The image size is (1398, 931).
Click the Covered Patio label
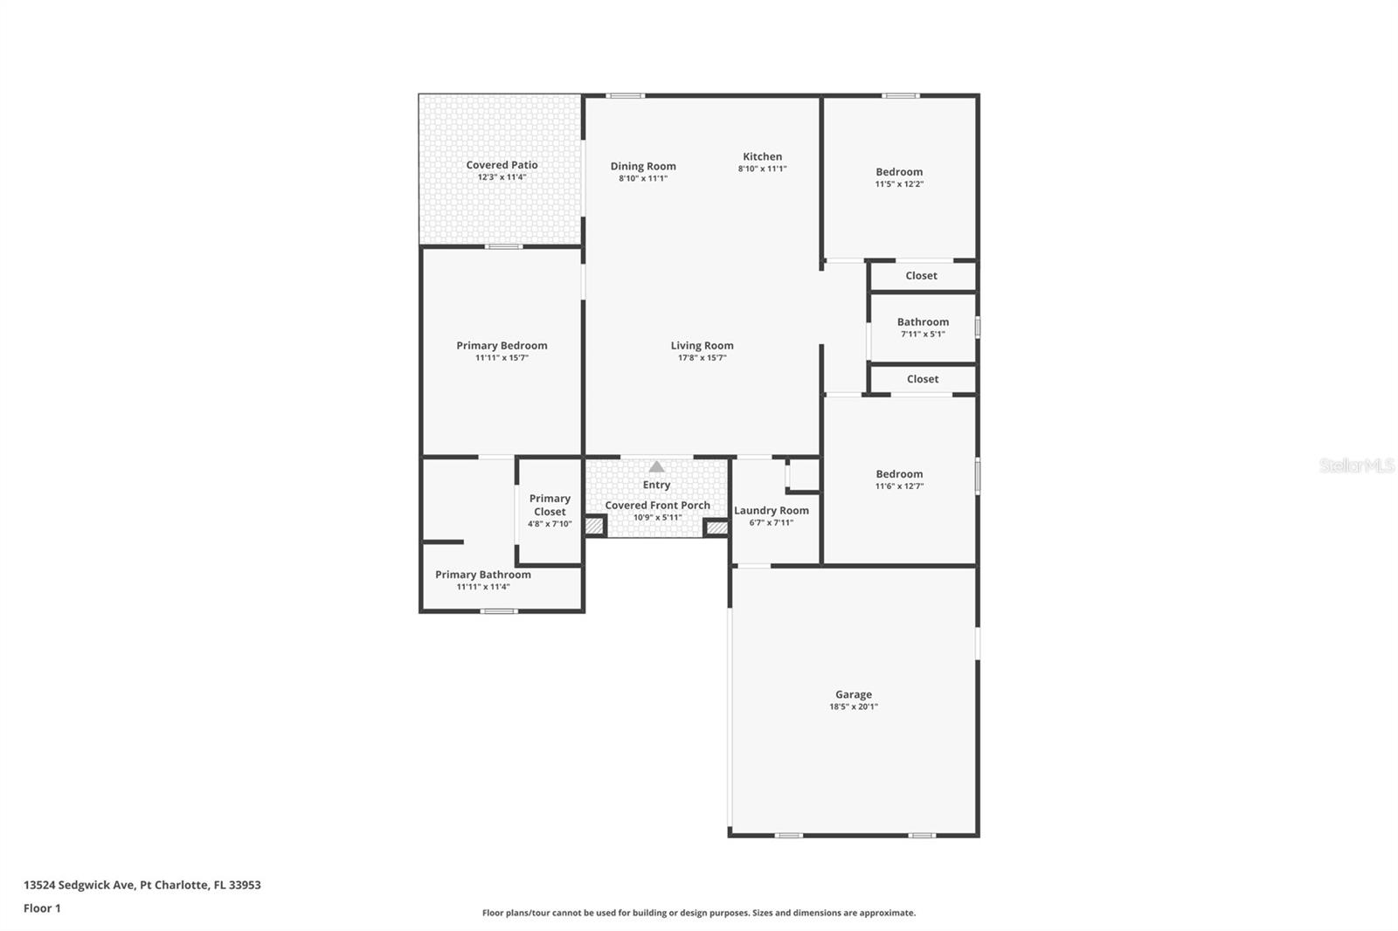point(502,165)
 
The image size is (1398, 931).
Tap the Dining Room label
point(643,166)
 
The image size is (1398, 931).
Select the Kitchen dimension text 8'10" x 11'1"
point(762,169)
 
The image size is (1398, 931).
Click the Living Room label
point(702,346)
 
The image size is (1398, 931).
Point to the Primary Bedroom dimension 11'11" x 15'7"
point(502,358)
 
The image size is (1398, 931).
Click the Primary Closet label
point(550,505)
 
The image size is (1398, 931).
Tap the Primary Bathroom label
point(483,575)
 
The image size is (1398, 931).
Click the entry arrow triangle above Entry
point(656,467)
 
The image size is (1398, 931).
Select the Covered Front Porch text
point(657,506)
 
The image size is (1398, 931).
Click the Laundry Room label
point(771,511)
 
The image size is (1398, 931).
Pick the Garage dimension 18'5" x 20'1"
point(853,707)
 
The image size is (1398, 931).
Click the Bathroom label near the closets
point(923,322)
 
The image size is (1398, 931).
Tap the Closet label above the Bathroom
point(921,276)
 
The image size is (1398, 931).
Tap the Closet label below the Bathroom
point(922,379)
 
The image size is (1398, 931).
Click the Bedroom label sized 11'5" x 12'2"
point(899,172)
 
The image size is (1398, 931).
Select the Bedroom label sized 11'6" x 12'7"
point(899,474)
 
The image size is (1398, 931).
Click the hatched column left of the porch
point(594,527)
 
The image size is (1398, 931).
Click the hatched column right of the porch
point(716,528)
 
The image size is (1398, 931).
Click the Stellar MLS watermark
point(1356,465)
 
